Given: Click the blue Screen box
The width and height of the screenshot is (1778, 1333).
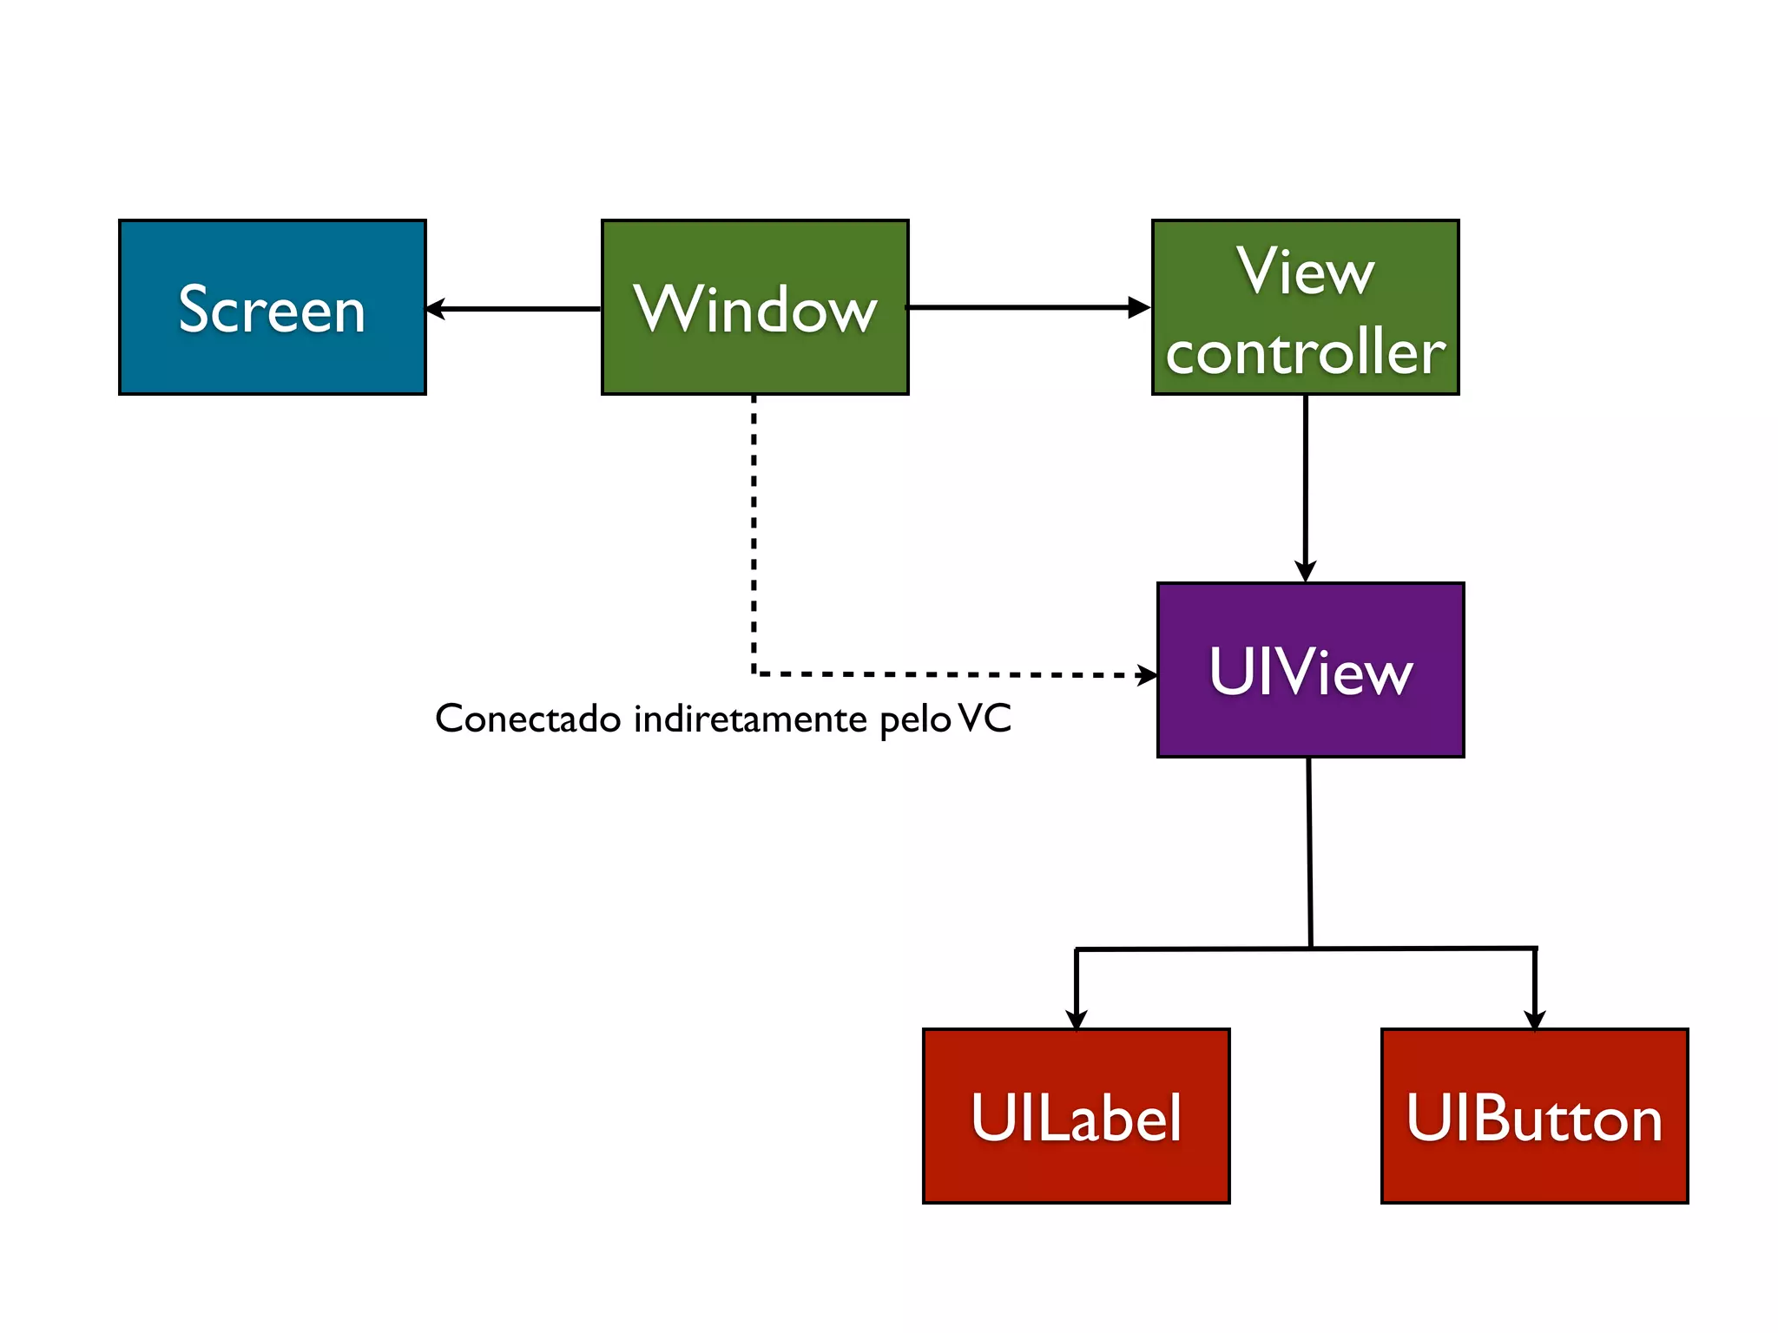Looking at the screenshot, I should (272, 308).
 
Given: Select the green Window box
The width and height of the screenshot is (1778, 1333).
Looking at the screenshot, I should (754, 308).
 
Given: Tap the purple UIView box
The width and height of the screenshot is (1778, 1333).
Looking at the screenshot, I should (1310, 670).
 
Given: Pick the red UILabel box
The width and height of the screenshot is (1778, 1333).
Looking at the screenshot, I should (1076, 1116).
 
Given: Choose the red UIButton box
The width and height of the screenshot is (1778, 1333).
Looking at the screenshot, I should (1534, 1116).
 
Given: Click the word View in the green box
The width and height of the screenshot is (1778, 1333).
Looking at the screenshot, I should (1305, 272).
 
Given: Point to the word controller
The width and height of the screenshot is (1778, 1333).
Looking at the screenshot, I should (1305, 353).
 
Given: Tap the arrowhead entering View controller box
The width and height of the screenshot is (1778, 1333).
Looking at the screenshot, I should (1139, 307).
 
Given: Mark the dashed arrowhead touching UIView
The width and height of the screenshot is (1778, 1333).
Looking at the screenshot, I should (1148, 675).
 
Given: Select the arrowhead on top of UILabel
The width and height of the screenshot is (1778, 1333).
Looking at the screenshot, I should (1077, 1019).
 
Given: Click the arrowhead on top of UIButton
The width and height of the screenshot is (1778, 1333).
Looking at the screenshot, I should (1535, 1019).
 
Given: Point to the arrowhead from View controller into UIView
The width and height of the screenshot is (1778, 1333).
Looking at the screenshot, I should (1305, 571).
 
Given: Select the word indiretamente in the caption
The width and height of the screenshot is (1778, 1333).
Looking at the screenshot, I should (750, 719).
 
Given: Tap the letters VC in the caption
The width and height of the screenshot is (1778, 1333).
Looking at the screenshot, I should (985, 719).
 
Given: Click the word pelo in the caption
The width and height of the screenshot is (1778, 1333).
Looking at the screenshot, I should (915, 720).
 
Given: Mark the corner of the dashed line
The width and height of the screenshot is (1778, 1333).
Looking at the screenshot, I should (754, 673).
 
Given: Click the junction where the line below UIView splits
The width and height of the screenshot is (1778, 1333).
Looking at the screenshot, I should (1310, 948).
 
